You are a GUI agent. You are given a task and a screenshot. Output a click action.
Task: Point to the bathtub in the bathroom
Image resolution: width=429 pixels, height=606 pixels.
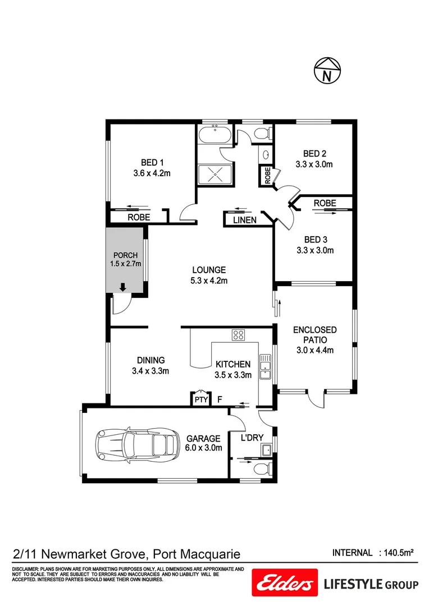coord(214,135)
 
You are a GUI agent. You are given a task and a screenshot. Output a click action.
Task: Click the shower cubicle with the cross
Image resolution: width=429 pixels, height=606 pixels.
coord(214,173)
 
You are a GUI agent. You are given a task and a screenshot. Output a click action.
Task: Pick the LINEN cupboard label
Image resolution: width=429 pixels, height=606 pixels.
coord(244,221)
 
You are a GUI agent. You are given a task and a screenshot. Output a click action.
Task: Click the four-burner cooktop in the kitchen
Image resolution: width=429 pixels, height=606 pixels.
coord(238,336)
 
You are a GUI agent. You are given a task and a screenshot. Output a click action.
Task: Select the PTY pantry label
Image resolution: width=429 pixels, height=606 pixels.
coord(200,400)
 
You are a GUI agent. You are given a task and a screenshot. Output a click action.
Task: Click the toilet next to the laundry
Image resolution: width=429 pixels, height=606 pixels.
coord(261,469)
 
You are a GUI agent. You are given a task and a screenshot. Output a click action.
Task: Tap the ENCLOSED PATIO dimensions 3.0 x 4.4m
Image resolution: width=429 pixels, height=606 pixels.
coord(314,351)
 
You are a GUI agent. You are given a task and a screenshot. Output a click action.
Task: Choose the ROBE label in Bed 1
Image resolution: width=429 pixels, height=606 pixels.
coord(138,217)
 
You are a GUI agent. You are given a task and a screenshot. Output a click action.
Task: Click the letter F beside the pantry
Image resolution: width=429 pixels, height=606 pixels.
coord(220,400)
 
